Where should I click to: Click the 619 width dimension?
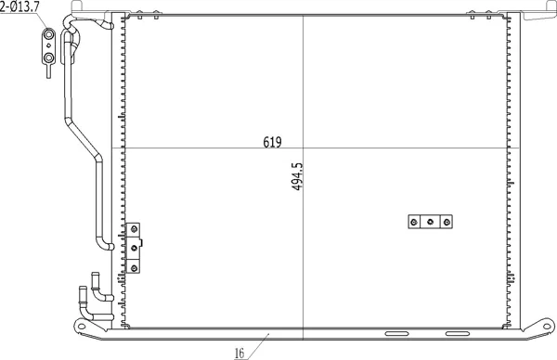[x=272, y=142]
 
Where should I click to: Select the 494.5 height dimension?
[x=297, y=177]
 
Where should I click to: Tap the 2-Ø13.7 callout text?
[x=19, y=7]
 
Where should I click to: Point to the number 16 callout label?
[x=240, y=353]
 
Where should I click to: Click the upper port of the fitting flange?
[x=48, y=34]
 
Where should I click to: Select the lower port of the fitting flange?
[x=48, y=58]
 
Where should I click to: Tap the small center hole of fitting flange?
[x=48, y=45]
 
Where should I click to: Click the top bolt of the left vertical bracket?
[x=134, y=229]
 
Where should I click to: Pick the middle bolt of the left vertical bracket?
[x=134, y=248]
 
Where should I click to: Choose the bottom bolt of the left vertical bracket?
[x=134, y=268]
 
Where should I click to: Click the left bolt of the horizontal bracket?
[x=413, y=223]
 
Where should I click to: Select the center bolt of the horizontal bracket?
[x=430, y=222]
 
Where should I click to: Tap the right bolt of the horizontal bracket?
[x=447, y=223]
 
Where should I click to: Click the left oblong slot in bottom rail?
[x=396, y=334]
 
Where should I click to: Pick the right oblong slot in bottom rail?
[x=458, y=334]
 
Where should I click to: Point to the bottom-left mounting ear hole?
[x=82, y=326]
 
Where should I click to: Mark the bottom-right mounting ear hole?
[x=548, y=326]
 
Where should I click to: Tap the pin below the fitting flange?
[x=48, y=71]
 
